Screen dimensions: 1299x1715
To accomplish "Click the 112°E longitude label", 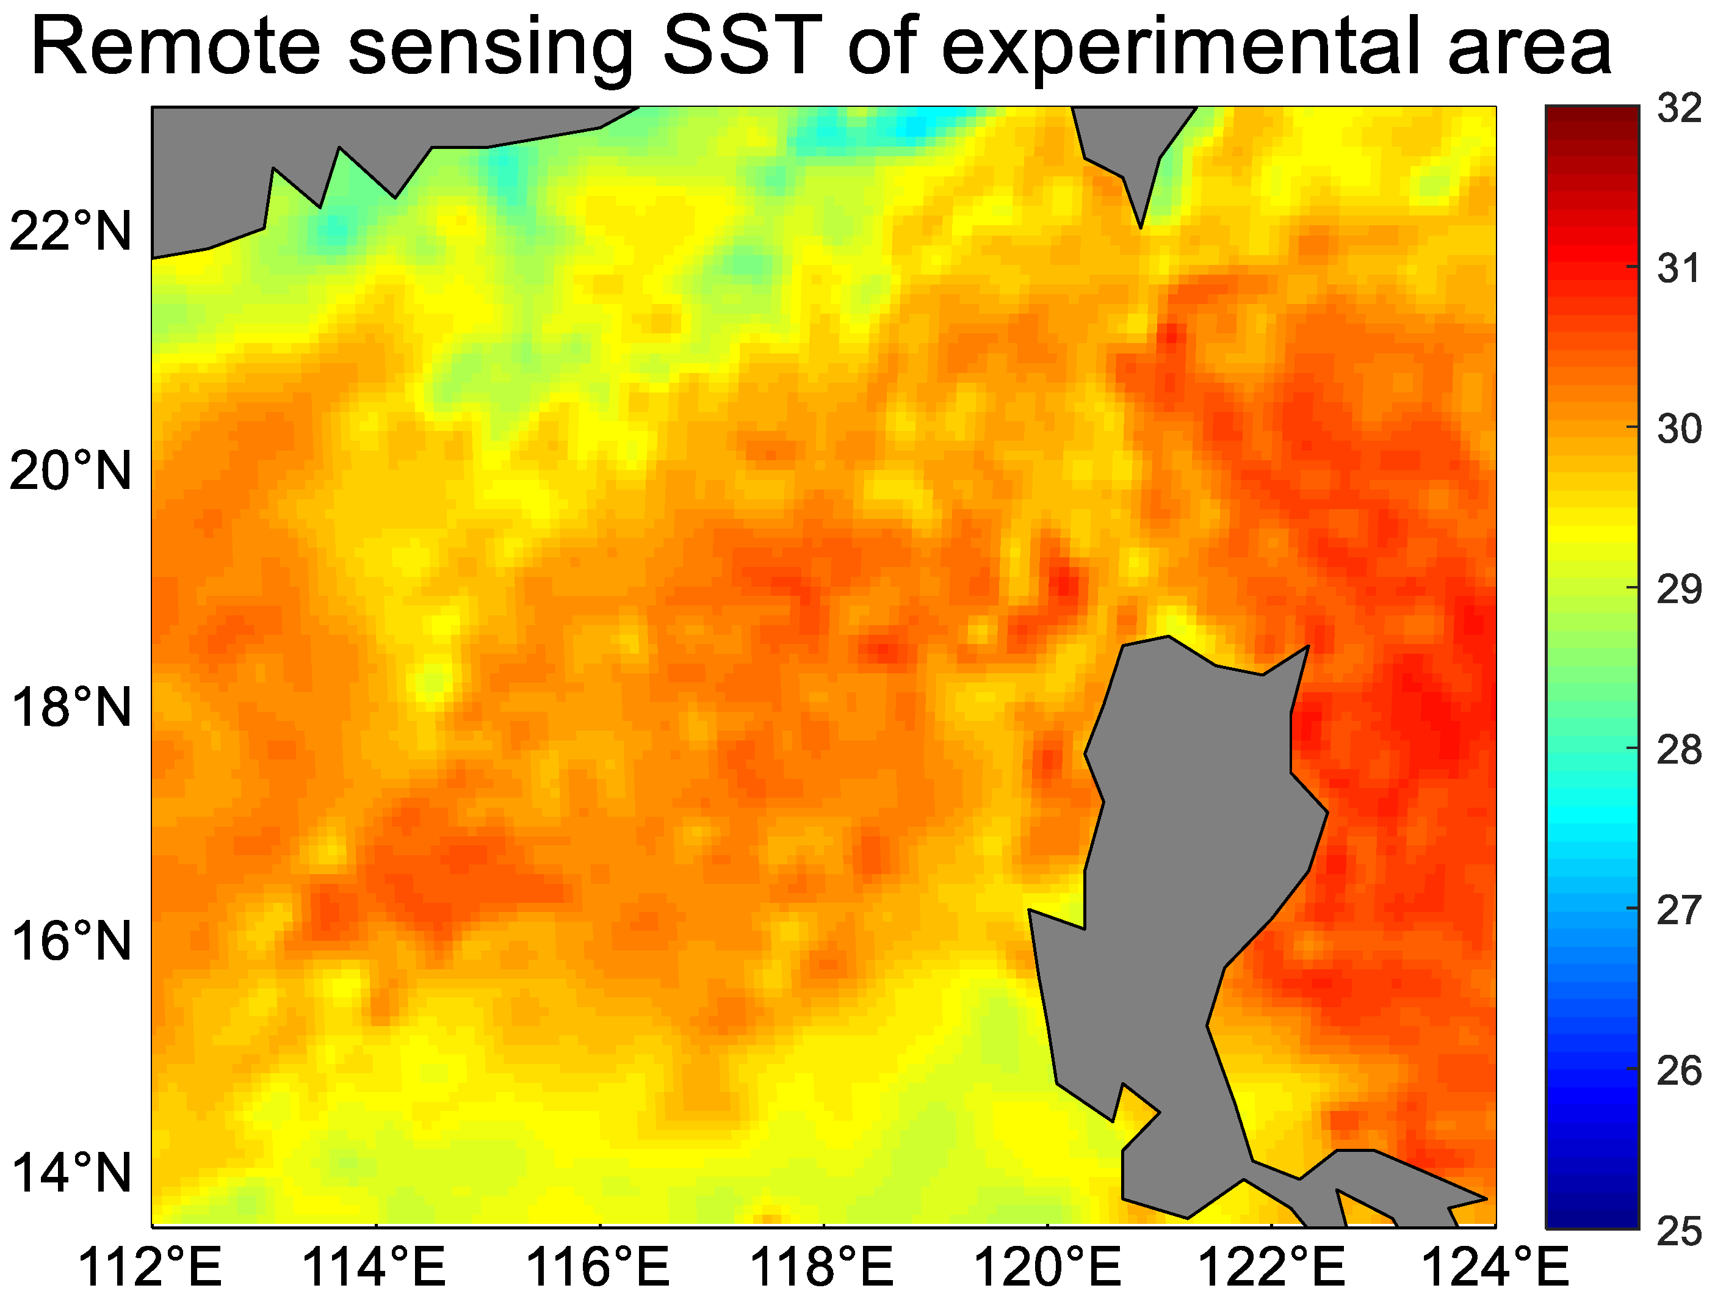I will [151, 1267].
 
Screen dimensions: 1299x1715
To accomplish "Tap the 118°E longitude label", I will [822, 1267].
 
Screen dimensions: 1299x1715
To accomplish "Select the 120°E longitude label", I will [1047, 1267].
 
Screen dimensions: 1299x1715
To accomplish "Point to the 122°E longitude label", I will [1271, 1267].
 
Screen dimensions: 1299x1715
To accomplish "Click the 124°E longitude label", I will [1494, 1267].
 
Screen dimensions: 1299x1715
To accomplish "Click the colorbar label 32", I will [1678, 108].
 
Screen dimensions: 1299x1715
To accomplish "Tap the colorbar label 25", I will [1678, 1231].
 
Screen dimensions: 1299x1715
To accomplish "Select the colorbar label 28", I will [1678, 750].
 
